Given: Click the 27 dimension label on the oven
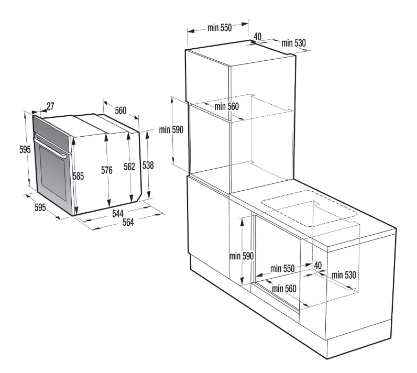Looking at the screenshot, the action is point(50,106).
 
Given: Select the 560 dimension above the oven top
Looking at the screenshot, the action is point(120,111).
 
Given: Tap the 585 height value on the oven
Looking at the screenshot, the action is point(78,176).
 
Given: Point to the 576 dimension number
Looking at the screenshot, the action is point(107,170).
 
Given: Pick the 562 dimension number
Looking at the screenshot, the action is point(129,167).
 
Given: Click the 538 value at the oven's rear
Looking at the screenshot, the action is point(148,165).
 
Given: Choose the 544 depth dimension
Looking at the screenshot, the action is point(118,213).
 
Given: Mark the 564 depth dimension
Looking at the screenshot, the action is point(128,222).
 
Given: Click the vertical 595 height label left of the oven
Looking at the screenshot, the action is point(25,150).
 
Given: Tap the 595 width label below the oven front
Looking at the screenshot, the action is point(40,207).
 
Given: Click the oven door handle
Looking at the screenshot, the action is point(50,148).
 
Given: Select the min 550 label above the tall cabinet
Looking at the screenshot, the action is point(220,27).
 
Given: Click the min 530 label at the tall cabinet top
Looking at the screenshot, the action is point(293,43).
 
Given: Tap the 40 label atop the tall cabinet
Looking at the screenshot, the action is point(257,36).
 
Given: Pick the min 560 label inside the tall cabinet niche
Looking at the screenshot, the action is point(227,107).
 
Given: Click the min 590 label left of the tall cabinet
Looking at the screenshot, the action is point(171,130).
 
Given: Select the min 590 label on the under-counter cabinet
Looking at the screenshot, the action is point(242,256).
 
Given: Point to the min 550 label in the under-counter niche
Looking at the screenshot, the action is point(282,269).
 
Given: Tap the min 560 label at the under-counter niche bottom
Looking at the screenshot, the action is point(284,289).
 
